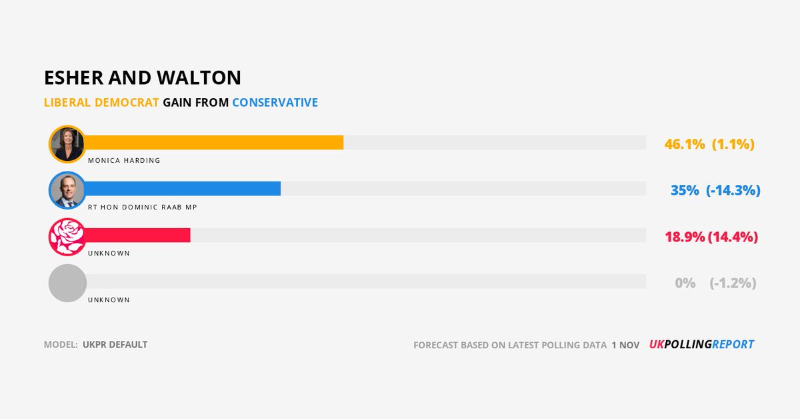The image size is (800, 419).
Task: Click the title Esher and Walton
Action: [x=143, y=78]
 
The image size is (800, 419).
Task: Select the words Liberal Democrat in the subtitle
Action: [x=101, y=103]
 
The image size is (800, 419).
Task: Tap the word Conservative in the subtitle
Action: [x=275, y=103]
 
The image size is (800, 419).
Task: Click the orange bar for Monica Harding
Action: [x=213, y=143]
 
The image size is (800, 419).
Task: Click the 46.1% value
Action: [x=685, y=144]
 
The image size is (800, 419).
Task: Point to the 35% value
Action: [x=685, y=190]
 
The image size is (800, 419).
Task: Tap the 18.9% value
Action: [x=685, y=237]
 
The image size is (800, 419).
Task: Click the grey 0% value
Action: [x=685, y=283]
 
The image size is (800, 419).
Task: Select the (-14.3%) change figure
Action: [x=733, y=190]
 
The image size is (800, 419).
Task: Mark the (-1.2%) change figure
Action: [x=733, y=283]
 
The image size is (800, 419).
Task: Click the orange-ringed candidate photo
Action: [x=67, y=143]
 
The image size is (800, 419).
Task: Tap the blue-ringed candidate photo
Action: [x=67, y=190]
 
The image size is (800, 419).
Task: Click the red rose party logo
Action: [x=67, y=236]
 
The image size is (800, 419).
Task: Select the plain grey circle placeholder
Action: [x=67, y=283]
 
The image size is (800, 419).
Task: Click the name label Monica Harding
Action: [x=124, y=161]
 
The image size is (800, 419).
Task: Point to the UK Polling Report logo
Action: [x=701, y=345]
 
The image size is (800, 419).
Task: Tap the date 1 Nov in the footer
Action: [x=625, y=346]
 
